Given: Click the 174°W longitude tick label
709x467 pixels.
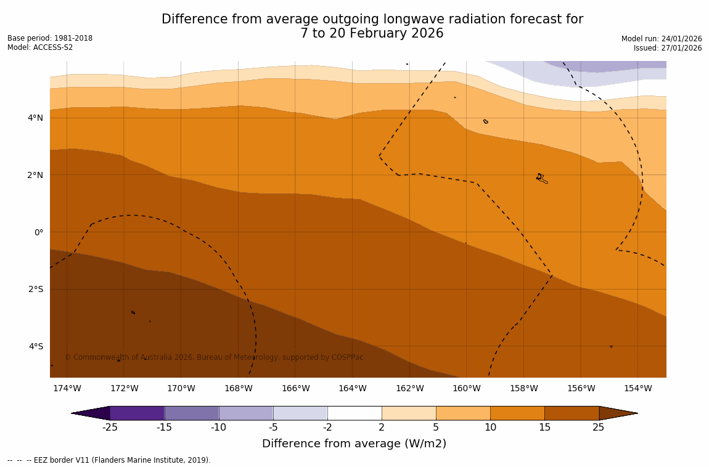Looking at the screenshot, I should [67, 388].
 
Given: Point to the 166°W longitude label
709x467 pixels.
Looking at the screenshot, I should [295, 388].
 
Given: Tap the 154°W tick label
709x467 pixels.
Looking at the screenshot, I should [637, 388].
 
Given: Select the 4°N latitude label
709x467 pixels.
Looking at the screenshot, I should [36, 118].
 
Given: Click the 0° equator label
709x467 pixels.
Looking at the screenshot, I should [38, 232].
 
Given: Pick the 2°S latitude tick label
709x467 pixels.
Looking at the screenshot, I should [36, 289].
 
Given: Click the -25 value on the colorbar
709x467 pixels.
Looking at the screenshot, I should [110, 427].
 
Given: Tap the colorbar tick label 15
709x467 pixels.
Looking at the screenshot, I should [544, 427].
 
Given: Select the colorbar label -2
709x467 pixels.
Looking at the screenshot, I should [327, 427].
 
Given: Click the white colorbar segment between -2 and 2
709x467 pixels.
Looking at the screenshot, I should [354, 413].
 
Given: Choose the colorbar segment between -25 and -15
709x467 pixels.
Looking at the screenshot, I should [137, 413].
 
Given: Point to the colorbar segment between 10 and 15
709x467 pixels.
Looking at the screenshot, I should [517, 413].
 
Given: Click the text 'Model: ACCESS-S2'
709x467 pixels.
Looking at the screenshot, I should [40, 47].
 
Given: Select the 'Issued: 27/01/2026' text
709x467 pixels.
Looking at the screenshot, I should [668, 48].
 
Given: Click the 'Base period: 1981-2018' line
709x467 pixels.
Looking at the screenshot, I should [50, 38].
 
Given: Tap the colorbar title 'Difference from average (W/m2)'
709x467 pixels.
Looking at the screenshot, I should [354, 444].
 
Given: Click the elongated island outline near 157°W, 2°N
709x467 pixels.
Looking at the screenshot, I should [542, 179].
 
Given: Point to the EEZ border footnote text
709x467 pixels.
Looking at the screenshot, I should [109, 460].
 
